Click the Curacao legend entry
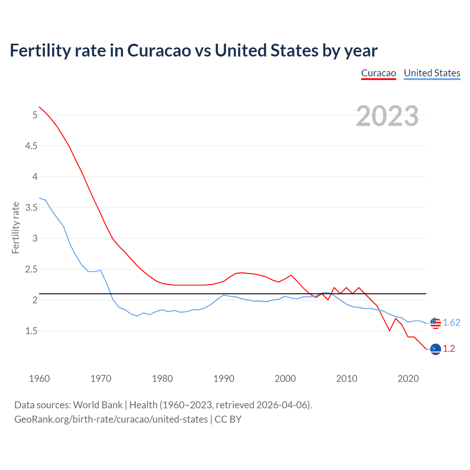coord(379,73)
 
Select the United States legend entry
coord(432,73)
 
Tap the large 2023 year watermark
coord(387,116)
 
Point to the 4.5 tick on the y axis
coord(31,146)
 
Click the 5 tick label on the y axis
coord(35,115)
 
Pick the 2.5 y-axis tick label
coord(31,270)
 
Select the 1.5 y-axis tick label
coord(31,331)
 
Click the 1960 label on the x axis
coord(39,379)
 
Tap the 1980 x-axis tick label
coord(162,379)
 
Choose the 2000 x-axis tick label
coord(285,379)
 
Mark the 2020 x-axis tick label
coord(408,379)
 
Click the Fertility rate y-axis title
coord(15,228)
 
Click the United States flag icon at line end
coord(435,323)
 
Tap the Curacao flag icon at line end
coord(435,349)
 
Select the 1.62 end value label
coord(451,323)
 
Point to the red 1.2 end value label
coord(449,349)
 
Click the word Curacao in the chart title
coord(159,51)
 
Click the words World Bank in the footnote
coord(98,405)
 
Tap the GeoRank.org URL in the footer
coord(111,419)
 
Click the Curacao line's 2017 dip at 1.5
coord(390,330)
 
